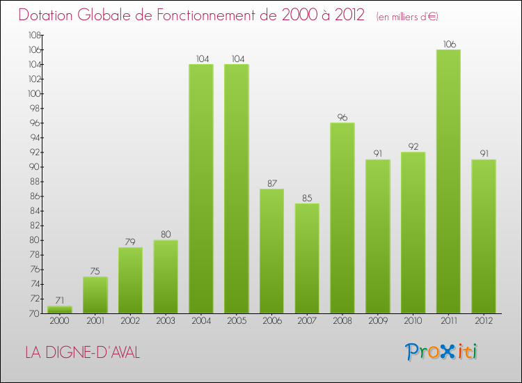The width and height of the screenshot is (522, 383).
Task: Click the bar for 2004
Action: [x=201, y=189]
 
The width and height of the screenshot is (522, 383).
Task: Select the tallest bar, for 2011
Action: [x=448, y=181]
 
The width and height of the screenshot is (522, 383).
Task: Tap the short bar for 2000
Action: [x=60, y=309]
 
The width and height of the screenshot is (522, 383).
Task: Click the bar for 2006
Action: [x=271, y=251]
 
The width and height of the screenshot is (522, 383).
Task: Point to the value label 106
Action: [x=448, y=44]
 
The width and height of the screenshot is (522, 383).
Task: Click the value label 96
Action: [x=342, y=117]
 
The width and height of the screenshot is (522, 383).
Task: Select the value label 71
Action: [x=60, y=300]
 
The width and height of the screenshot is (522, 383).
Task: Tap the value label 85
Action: [x=307, y=198]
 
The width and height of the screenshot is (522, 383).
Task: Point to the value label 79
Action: [x=130, y=242]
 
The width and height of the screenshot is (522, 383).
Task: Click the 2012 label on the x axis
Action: [x=484, y=321]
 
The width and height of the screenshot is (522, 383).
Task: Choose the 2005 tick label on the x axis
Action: [x=237, y=321]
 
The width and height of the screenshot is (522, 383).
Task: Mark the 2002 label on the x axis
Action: [x=130, y=321]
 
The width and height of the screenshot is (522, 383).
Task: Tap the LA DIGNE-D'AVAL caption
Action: [x=82, y=353]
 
